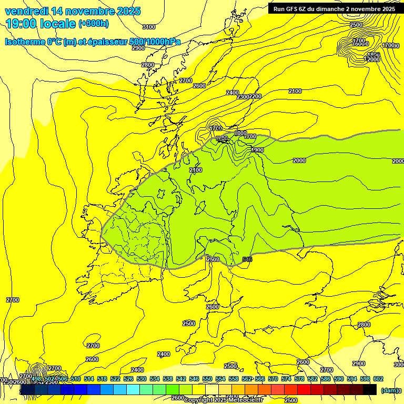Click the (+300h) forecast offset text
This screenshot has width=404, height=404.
pyautogui.click(x=94, y=24)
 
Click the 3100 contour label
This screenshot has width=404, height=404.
pyautogui.click(x=149, y=27)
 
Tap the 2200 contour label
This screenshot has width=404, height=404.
pyautogui.click(x=255, y=96)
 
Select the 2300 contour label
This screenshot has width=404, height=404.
pyautogui.click(x=243, y=97)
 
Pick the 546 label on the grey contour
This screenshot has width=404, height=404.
pyautogui.click(x=247, y=259)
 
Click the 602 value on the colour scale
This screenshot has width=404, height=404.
pyautogui.click(x=378, y=379)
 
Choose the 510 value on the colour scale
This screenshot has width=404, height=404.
pyautogui.click(x=75, y=379)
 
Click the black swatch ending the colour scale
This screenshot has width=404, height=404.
pyautogui.click(x=370, y=390)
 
